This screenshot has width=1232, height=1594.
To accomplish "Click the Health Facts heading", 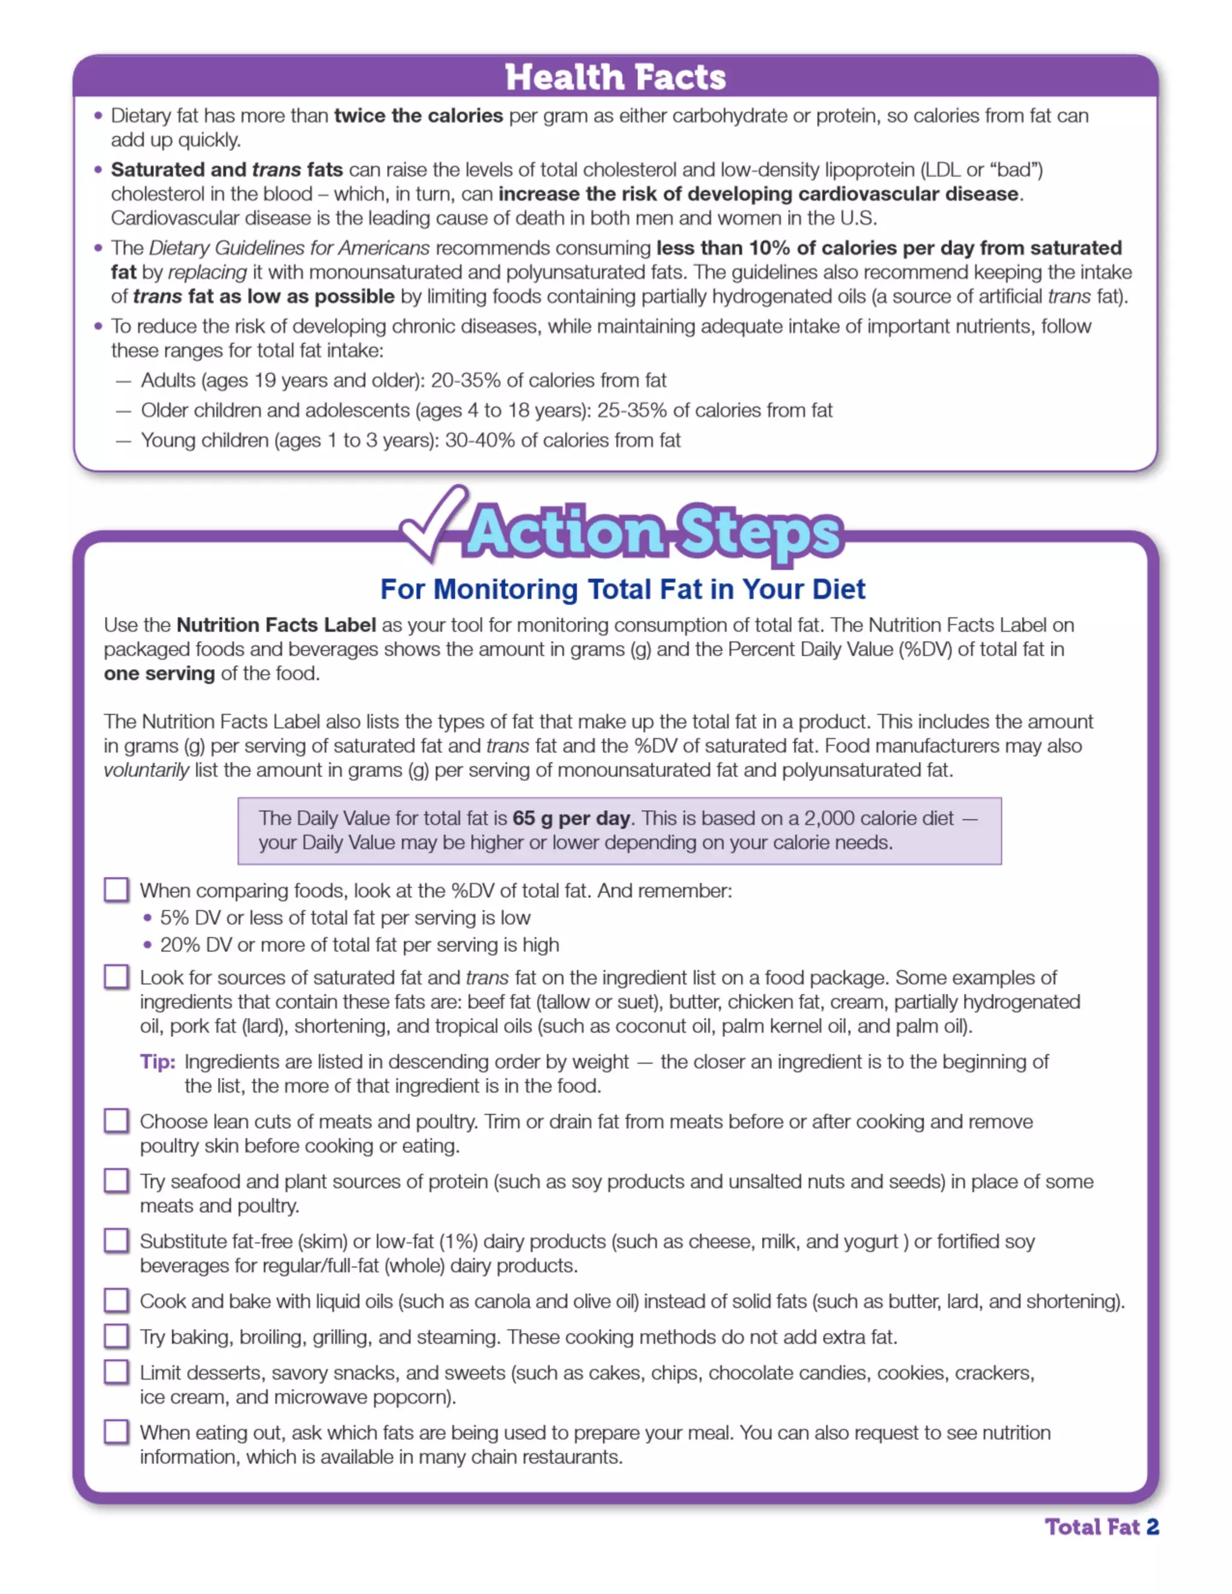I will click(x=615, y=78).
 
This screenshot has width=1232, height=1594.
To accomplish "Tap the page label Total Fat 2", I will click(x=1101, y=1527).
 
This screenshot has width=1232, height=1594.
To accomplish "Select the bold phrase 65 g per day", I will click(x=571, y=818).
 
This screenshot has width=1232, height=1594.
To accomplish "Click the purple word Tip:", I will click(x=158, y=1061).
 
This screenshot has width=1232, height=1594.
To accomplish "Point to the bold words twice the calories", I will click(x=418, y=116).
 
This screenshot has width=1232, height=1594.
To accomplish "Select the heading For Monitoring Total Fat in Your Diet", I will click(x=622, y=589).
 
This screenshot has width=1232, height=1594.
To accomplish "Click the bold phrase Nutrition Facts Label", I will click(x=276, y=625).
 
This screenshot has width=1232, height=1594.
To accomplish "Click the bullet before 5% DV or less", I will click(x=148, y=917).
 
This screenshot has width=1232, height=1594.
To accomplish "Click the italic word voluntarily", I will click(x=146, y=770).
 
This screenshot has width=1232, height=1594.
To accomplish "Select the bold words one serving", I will click(x=159, y=673).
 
